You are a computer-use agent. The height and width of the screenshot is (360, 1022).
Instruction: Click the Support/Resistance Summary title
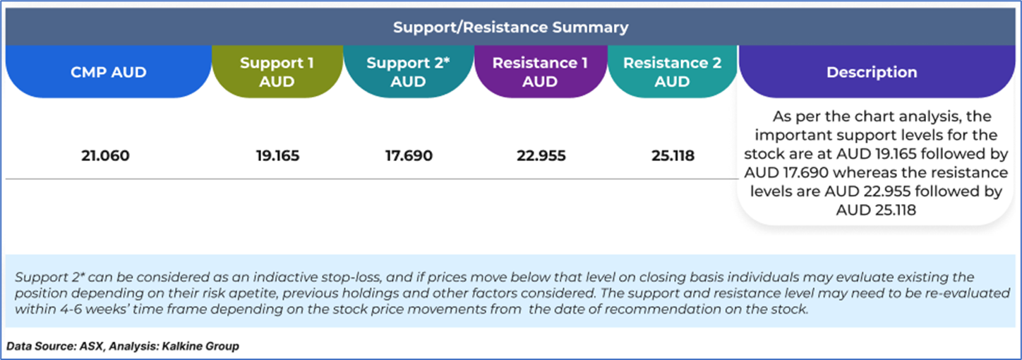point(510,28)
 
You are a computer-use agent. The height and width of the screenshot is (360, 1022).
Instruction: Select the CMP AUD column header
point(109,72)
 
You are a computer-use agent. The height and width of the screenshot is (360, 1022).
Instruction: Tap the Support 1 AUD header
point(277,72)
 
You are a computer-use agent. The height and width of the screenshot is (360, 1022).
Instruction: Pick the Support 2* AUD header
point(408,72)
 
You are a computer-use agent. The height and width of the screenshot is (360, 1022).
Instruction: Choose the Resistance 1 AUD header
point(540,72)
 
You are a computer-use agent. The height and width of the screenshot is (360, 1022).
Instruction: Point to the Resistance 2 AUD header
point(673,72)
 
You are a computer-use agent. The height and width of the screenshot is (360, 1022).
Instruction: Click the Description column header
point(872,72)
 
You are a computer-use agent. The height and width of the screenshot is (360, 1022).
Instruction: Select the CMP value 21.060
point(105,155)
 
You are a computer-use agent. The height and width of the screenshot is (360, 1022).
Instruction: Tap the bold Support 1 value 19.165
point(277,155)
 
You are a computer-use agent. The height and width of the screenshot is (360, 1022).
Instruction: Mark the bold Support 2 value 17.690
point(409,155)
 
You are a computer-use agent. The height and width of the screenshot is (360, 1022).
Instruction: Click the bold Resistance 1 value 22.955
point(541,155)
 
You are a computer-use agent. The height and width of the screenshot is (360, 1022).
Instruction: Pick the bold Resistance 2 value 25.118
point(673,155)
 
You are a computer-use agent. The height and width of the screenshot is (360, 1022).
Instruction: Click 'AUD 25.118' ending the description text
point(876,210)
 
